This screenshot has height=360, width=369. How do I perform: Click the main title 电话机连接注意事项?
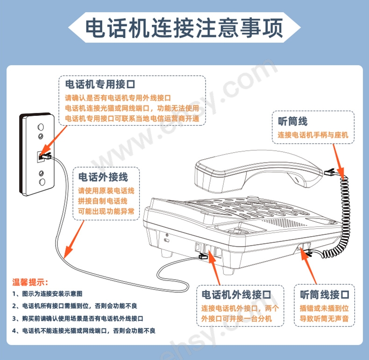click(184, 28)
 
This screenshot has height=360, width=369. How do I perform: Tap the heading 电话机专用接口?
click(100, 84)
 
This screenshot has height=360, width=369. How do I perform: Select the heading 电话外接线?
click(103, 177)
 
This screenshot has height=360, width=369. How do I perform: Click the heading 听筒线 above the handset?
click(292, 121)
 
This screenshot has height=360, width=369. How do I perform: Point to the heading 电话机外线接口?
click(236, 295)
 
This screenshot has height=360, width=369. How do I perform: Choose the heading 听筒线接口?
click(325, 295)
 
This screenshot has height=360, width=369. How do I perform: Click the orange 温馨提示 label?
click(30, 282)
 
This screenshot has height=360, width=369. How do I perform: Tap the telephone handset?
click(256, 173)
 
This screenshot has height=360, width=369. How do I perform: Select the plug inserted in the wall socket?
click(45, 156)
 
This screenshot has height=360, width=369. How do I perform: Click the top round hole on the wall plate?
click(41, 127)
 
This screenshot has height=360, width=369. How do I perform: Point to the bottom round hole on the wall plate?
click(42, 182)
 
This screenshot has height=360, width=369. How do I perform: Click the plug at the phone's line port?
click(203, 256)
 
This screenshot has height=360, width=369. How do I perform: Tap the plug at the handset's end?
click(331, 172)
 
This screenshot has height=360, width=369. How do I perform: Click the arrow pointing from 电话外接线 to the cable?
click(74, 239)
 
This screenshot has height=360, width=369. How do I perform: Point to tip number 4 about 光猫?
click(84, 331)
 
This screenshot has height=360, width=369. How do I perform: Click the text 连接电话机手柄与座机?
click(313, 135)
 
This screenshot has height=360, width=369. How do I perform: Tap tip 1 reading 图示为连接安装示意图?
click(47, 294)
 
